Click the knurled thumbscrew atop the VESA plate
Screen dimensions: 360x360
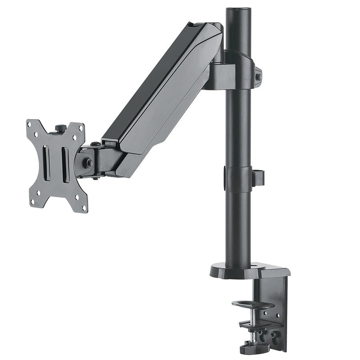click(61, 128)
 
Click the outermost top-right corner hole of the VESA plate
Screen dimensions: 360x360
click(81, 129)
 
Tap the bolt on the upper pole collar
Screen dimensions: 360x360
click(258, 77)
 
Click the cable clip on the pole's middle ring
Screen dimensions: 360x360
click(258, 178)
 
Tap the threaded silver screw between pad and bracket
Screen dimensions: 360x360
click(254, 316)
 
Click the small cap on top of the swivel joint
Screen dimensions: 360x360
click(95, 144)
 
